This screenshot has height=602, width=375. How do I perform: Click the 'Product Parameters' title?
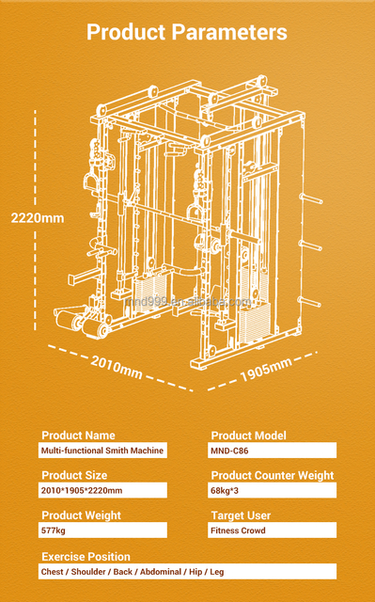pos(187,32)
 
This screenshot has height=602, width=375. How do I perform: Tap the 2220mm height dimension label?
pos(38,218)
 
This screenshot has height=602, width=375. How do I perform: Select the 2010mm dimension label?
pos(117,367)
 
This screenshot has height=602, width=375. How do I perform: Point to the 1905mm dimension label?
pos(266,370)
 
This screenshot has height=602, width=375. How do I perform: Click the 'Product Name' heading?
pos(78,436)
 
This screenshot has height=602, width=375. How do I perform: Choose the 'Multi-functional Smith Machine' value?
pos(102,451)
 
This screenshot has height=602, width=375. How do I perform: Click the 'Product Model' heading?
pos(248,436)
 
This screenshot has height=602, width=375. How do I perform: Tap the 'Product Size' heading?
pos(74,475)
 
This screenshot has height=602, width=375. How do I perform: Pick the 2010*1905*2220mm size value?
pos(82,490)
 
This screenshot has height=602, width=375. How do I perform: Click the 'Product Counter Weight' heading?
pos(273,475)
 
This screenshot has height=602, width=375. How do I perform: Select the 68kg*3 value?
pos(225,490)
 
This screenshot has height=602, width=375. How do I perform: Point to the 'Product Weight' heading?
pos(81,515)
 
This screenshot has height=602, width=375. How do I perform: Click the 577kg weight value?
pos(54,531)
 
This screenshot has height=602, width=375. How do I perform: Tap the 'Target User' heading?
pos(241,515)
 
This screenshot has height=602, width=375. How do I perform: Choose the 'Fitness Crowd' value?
pos(238,531)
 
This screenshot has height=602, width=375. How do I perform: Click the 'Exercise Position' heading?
pos(86,557)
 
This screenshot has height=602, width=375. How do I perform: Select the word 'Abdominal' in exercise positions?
pos(161,572)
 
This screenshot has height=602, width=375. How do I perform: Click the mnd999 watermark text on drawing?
pos(188,302)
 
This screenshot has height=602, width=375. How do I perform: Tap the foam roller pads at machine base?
pos(82,322)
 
